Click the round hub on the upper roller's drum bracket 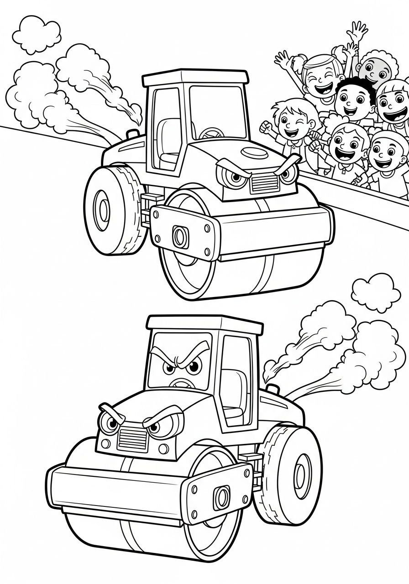(180, 236)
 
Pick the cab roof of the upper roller (195, 77)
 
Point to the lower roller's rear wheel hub (301, 475)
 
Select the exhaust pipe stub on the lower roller (272, 389)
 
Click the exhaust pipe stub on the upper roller (132, 134)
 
